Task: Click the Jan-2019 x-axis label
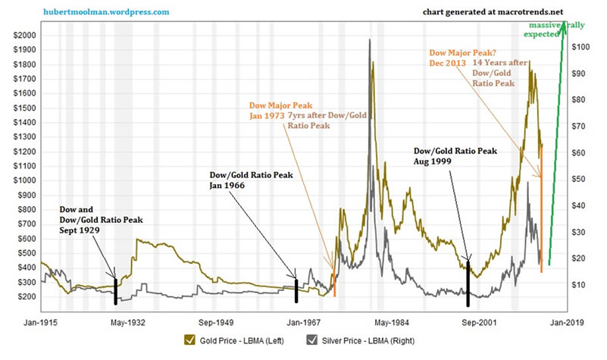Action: [568, 321]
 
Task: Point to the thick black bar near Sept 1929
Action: [115, 291]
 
